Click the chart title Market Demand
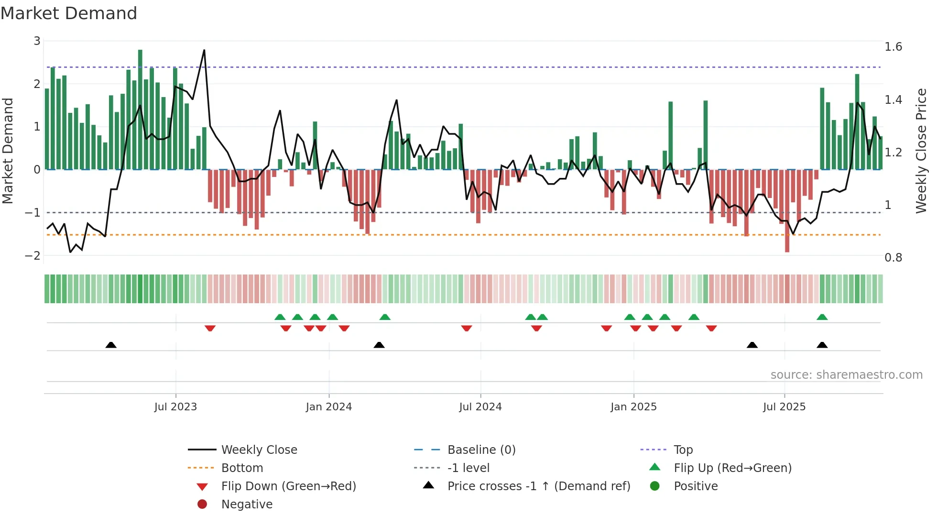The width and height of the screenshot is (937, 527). (69, 13)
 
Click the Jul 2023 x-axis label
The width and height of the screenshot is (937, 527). (175, 407)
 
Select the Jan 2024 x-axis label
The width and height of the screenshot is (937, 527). (329, 407)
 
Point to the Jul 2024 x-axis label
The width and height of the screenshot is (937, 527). (480, 407)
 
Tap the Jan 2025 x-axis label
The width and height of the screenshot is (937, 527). (633, 407)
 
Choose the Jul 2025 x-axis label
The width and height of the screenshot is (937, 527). (784, 407)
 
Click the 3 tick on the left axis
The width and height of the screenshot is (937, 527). (37, 41)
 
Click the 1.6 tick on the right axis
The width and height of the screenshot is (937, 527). (893, 47)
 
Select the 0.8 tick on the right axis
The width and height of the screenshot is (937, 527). (893, 258)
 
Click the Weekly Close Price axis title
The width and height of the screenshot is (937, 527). (921, 151)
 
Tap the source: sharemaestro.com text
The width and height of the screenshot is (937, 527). (846, 375)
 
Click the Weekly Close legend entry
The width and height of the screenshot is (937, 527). (259, 450)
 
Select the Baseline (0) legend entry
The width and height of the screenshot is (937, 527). (481, 450)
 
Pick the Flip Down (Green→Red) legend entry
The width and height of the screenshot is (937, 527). (288, 486)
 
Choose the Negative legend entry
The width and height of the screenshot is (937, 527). (247, 505)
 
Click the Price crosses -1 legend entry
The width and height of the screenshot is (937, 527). (539, 486)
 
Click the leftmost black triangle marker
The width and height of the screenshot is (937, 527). (111, 345)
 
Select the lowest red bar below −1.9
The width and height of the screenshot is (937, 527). (787, 210)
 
